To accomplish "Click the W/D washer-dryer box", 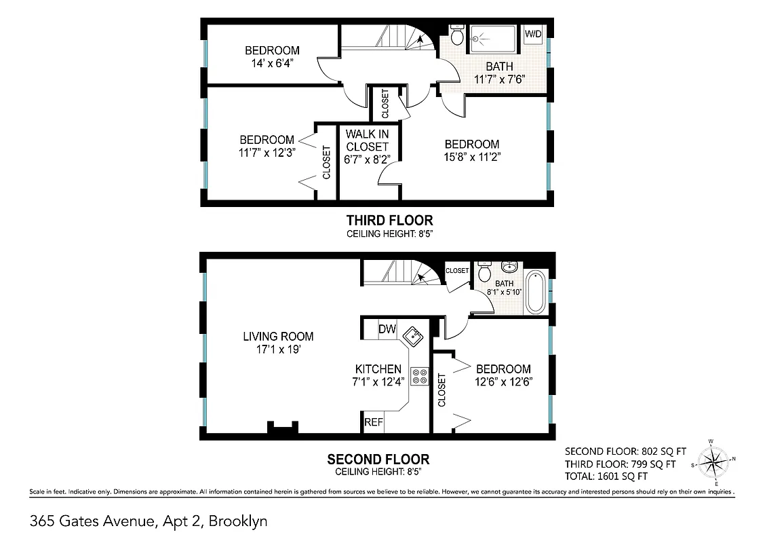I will pos(532,34).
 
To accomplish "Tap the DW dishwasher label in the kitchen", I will pos(387,329).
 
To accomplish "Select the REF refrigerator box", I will pos(374,422).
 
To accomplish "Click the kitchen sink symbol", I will pos(412,335).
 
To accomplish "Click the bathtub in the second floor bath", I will pos(535,292).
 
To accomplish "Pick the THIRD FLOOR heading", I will pos(389,220).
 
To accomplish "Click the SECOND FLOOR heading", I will pos(378,459).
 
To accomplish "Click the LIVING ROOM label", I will pos(278,336).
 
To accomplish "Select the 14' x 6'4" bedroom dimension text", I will pos(272,63).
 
